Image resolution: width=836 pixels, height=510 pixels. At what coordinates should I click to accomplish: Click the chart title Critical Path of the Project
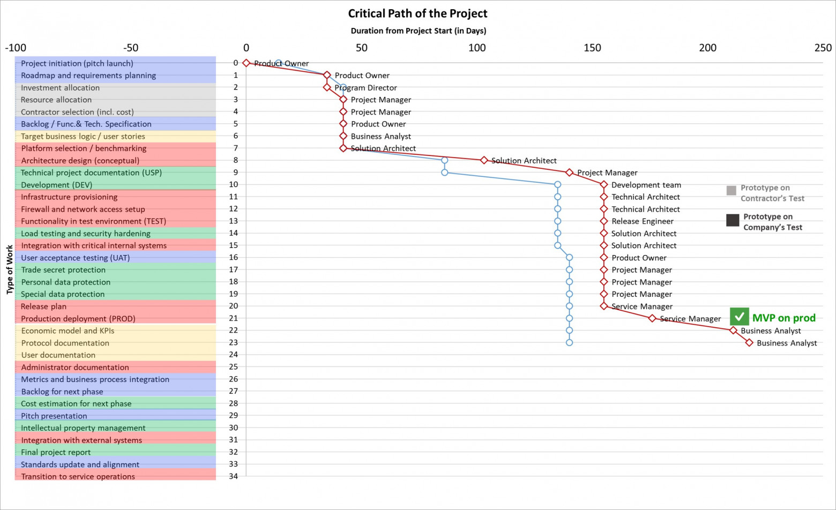pos(417,13)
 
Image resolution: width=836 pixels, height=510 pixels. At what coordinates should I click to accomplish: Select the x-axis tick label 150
pos(592,48)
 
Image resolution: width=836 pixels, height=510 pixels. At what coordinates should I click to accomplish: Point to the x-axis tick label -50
pos(131,48)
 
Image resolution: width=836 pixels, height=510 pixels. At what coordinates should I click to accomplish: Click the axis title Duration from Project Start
pos(418,31)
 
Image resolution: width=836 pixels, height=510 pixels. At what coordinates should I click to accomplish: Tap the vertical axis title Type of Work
pos(10,269)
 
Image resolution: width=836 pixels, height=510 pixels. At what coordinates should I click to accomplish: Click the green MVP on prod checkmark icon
pos(739,317)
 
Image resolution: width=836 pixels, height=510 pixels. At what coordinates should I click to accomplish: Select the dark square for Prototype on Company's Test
pos(732,220)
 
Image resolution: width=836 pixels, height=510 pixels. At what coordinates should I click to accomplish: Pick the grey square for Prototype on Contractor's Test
pos(731,190)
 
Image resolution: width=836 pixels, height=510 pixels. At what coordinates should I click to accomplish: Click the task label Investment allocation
pos(60,88)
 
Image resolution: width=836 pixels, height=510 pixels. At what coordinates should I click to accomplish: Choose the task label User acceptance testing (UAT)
pos(75,258)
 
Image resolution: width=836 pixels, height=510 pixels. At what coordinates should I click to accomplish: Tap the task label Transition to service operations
pos(78,476)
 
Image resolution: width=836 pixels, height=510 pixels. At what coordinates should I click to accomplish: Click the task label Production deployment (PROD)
pos(78,319)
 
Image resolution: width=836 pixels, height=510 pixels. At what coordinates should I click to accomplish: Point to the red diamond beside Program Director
pos(327,87)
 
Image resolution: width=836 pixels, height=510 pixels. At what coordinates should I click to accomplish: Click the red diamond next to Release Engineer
pos(604,221)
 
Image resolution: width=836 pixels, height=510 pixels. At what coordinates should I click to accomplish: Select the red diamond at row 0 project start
pos(246,63)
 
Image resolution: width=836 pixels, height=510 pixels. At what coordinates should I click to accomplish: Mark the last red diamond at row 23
pos(749,343)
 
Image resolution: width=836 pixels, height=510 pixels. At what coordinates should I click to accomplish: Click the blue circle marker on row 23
pos(569,343)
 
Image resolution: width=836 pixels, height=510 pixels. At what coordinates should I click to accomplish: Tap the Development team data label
pos(646,185)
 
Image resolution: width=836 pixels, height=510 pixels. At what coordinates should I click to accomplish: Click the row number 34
pos(233,476)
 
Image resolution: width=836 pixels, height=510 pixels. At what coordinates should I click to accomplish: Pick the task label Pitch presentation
pos(54,416)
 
